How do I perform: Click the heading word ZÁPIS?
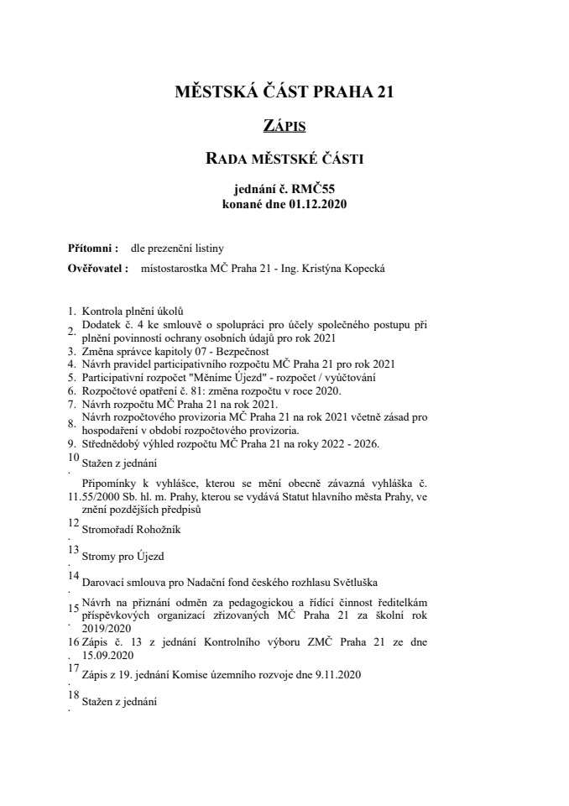click(x=284, y=126)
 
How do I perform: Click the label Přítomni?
click(x=91, y=249)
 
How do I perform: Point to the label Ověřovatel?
click(x=97, y=269)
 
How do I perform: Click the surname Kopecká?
click(x=362, y=269)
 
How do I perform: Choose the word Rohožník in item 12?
click(x=154, y=530)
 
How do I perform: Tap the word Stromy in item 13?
click(x=99, y=555)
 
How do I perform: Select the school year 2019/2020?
click(x=109, y=626)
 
